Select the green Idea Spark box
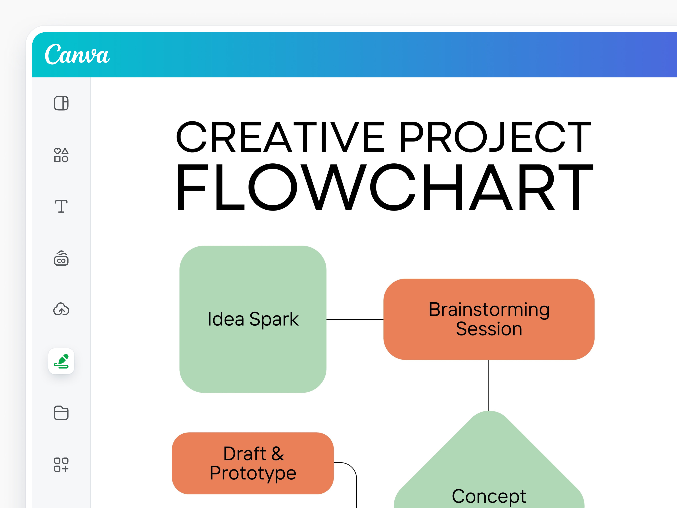(253, 319)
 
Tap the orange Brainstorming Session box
(489, 319)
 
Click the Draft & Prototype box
(253, 463)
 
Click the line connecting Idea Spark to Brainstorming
(355, 319)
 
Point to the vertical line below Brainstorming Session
(488, 385)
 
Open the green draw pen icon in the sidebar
(61, 361)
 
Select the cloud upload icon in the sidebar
(61, 309)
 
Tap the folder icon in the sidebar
(61, 413)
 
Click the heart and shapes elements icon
(61, 155)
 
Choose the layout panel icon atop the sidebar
(61, 103)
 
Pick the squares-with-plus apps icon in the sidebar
(61, 464)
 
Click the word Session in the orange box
(489, 329)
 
